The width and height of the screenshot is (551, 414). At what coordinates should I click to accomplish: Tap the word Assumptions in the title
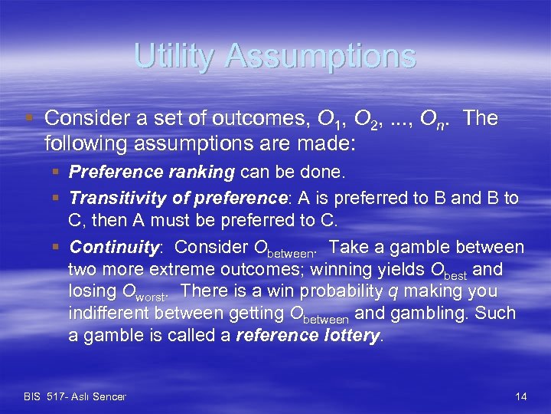pos(325,56)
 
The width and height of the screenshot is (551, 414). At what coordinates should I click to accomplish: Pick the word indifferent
pos(109,314)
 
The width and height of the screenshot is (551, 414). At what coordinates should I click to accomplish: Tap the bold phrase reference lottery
pos(308,336)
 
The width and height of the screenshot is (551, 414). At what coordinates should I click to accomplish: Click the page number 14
pos(521,396)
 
